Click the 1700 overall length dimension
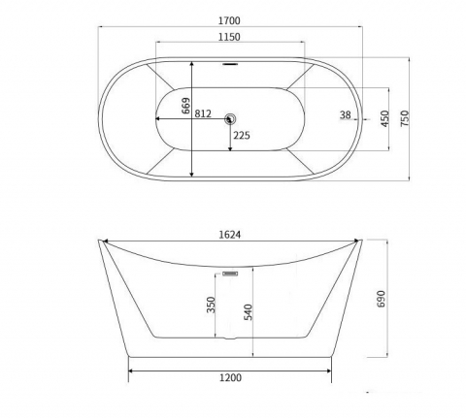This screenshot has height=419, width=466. pos(229,20)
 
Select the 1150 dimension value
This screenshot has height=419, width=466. pos(229,37)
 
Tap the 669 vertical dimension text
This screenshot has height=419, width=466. pos(185,106)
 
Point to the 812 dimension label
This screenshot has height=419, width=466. pos(203,113)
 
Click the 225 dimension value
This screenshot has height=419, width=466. pos(242,136)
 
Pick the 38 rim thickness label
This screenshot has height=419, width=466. pos(346,114)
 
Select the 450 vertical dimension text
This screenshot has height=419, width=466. pos(384,118)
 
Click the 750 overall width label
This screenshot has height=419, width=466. pos(405,118)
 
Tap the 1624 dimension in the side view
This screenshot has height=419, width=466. pos(230,235)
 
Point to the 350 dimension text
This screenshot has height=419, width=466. pos(211,305)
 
